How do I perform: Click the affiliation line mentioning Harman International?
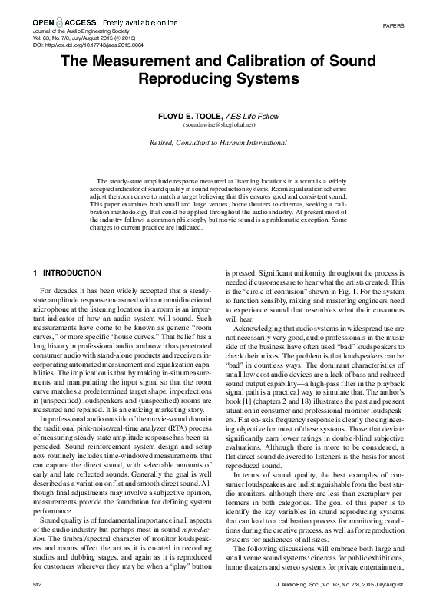(x=223, y=143)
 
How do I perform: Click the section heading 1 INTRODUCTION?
(x=68, y=273)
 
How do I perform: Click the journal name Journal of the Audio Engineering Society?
(x=71, y=32)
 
